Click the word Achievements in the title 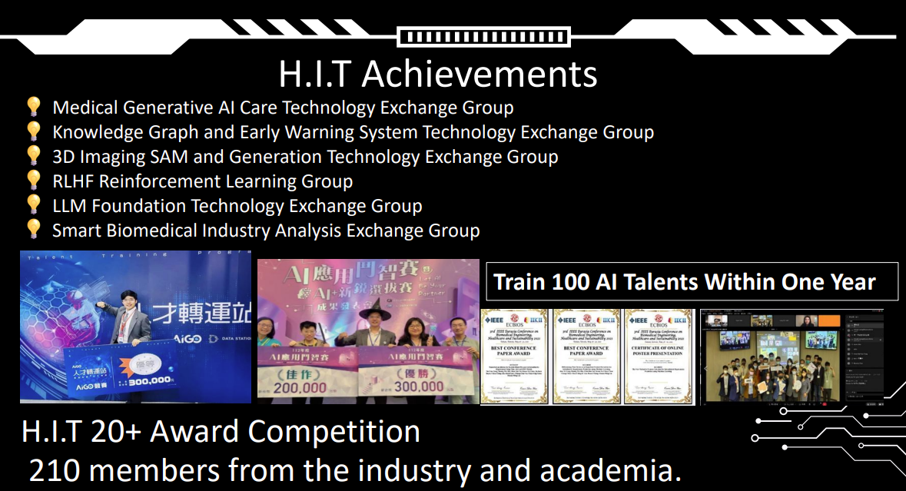pyautogui.click(x=479, y=75)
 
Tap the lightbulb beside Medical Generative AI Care pyautogui.click(x=33, y=107)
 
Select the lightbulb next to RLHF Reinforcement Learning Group pyautogui.click(x=33, y=181)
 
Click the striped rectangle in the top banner pyautogui.click(x=483, y=36)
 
